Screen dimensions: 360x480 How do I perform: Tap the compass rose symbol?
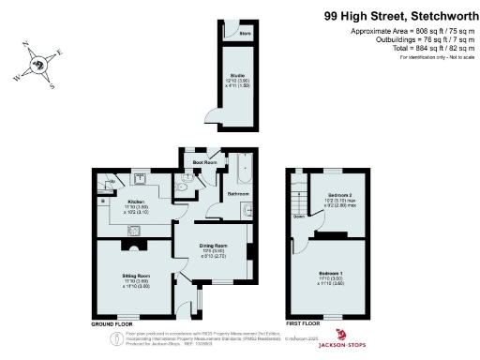[38, 66]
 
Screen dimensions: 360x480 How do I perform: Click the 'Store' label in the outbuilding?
[245, 34]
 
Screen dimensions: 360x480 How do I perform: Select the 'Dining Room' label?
[216, 247]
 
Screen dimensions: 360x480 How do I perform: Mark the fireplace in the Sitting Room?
[132, 246]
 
